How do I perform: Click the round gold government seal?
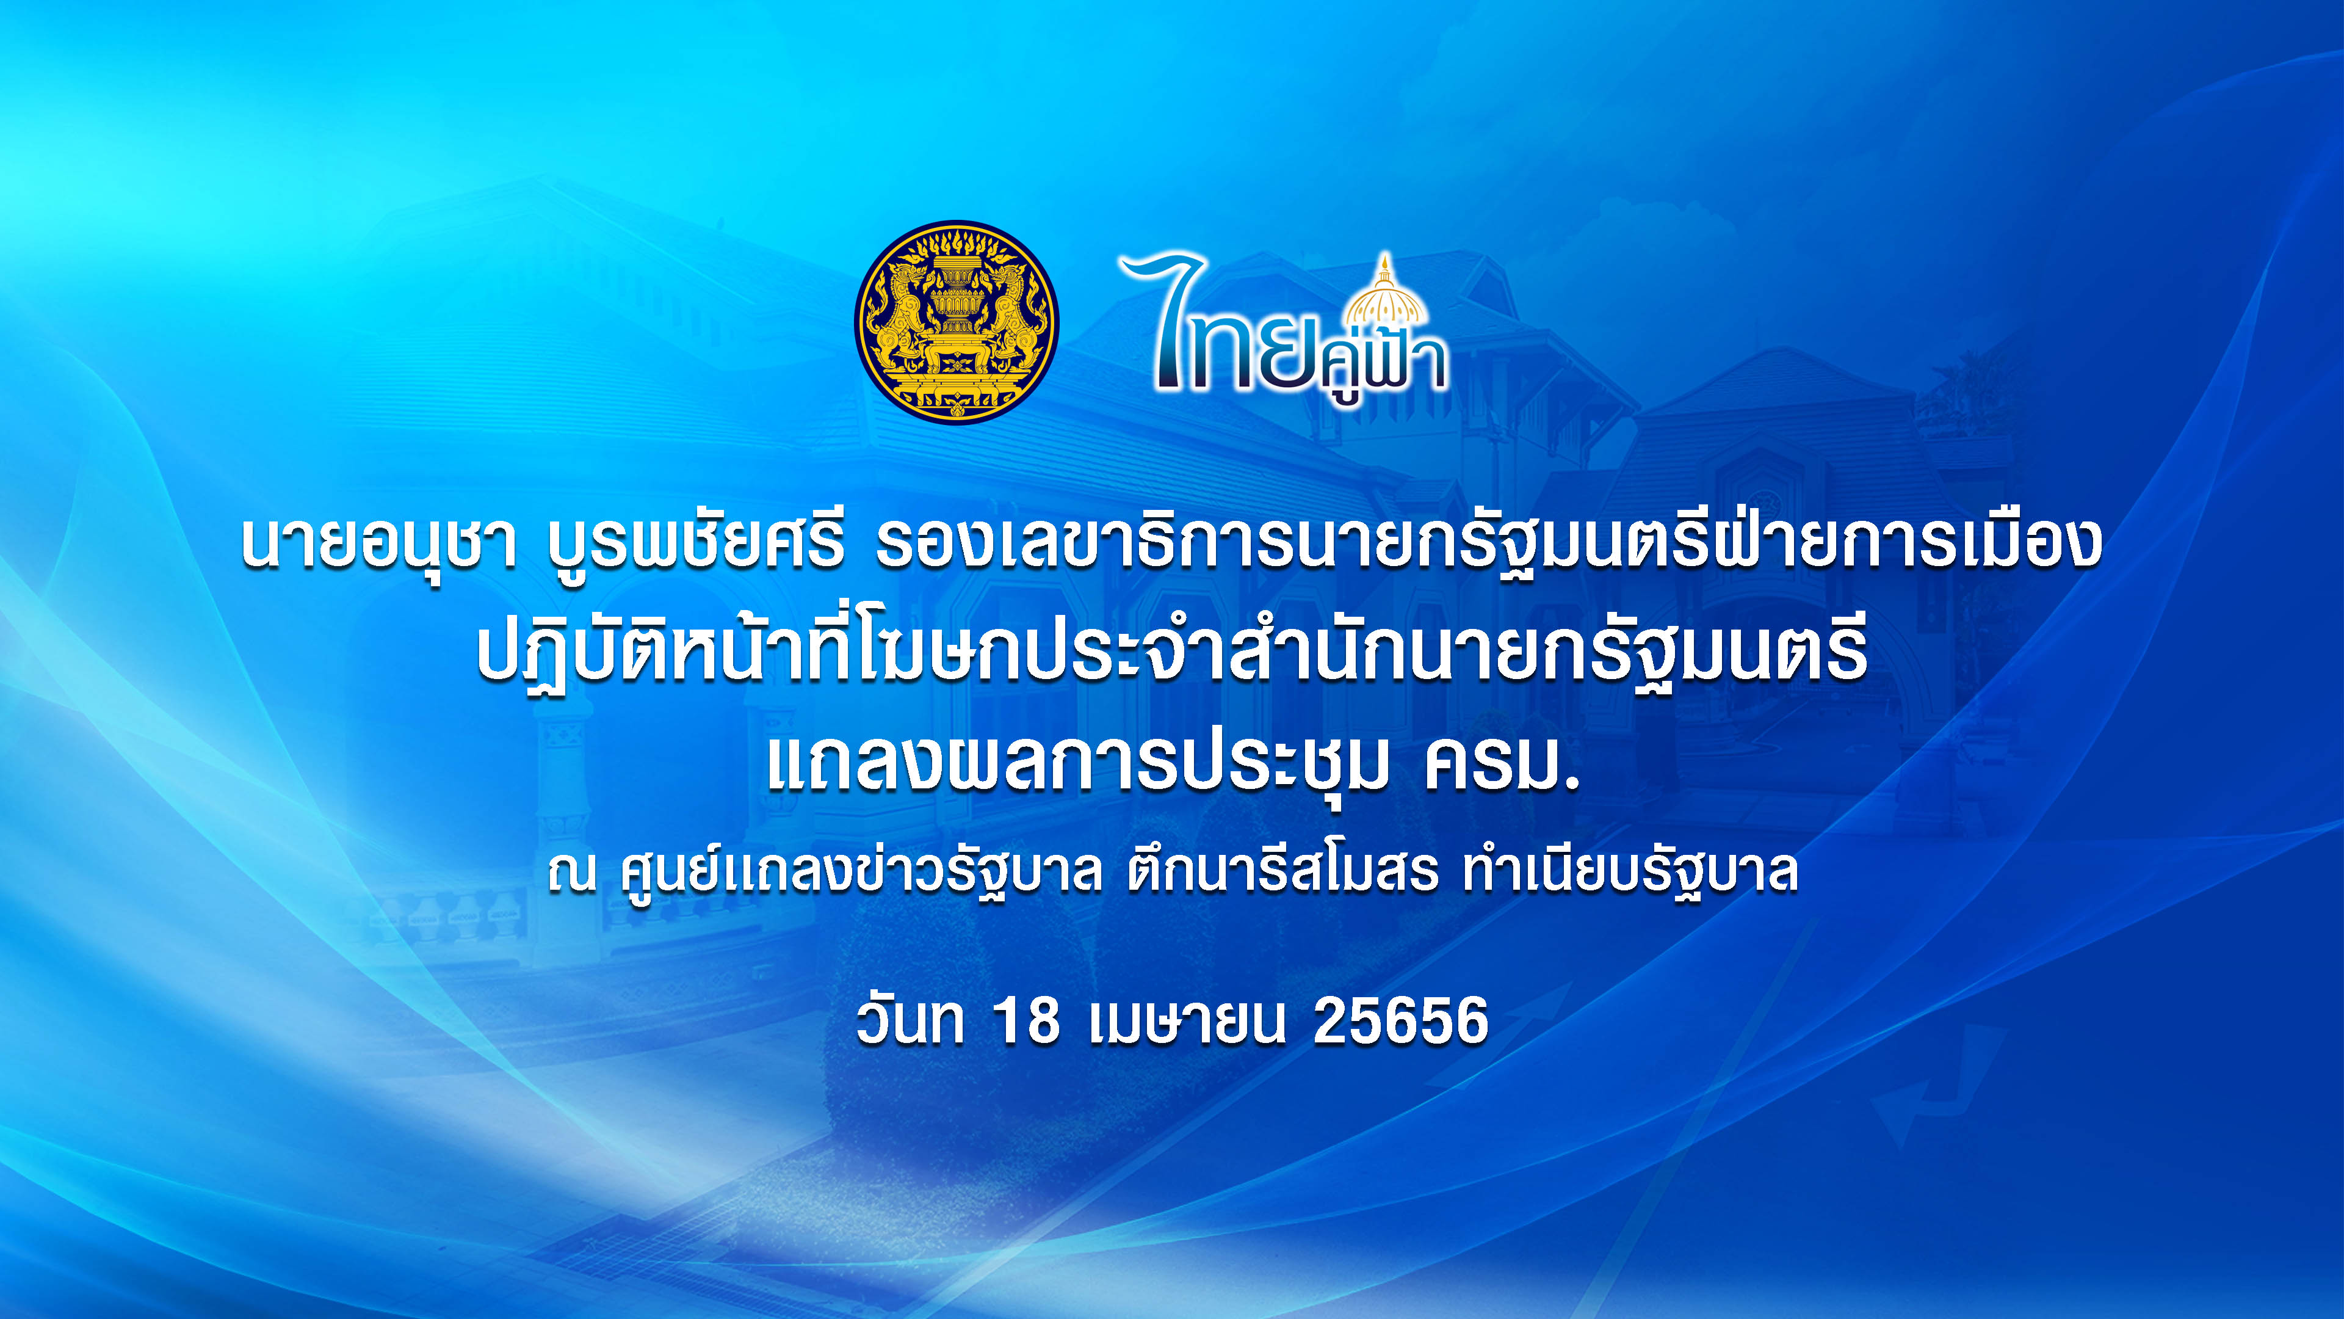[x=957, y=321]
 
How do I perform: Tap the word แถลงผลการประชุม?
[x=1078, y=763]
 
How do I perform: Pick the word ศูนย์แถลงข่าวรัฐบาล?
[x=861, y=872]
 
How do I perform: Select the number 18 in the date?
[x=1026, y=1020]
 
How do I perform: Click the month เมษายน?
[x=1187, y=1020]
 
